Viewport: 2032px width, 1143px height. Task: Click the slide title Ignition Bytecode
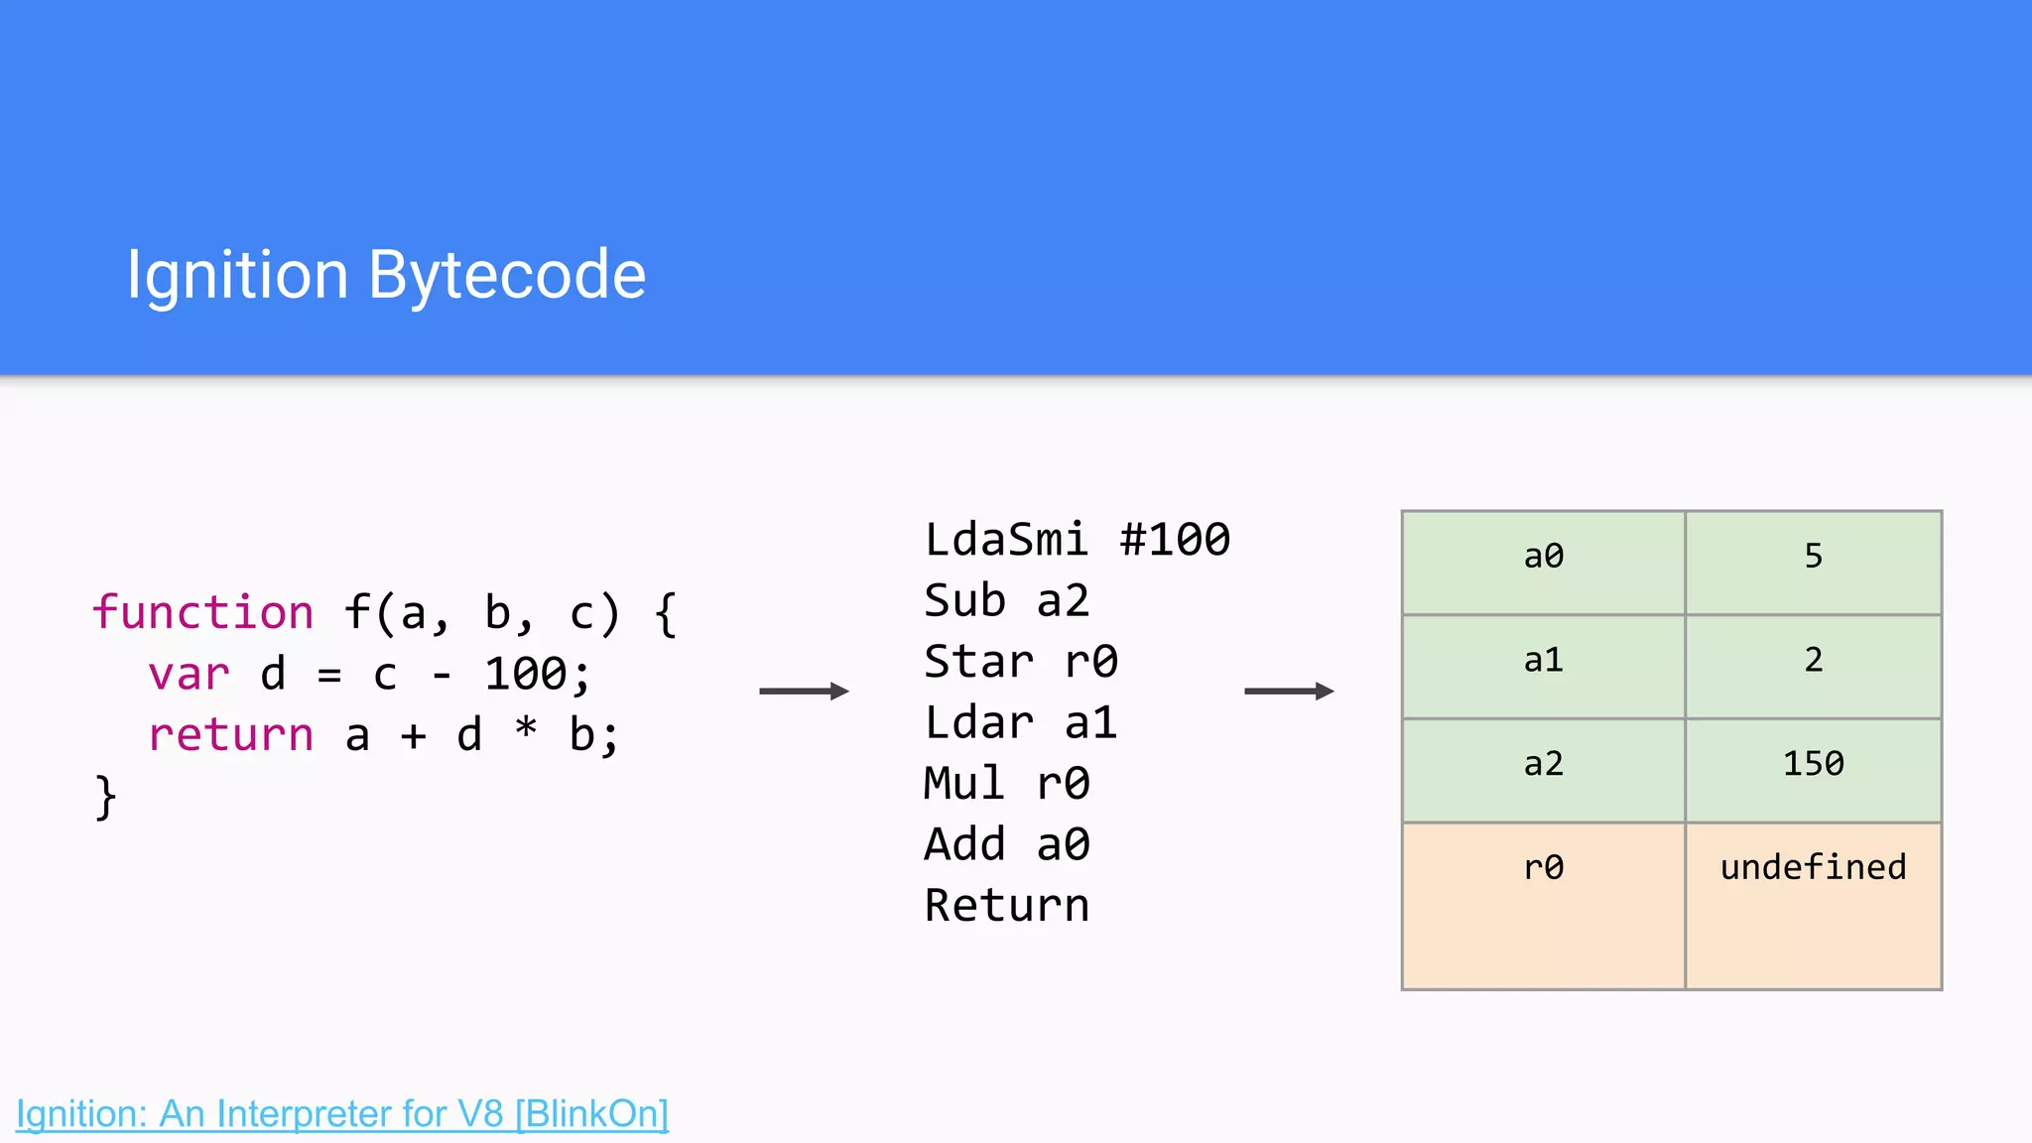click(x=386, y=275)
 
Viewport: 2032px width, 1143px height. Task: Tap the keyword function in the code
click(x=203, y=612)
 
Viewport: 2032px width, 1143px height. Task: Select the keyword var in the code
click(x=189, y=674)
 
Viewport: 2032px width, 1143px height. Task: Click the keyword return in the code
click(x=230, y=735)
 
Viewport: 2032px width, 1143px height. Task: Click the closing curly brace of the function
click(x=105, y=797)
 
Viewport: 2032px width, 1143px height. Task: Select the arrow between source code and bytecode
click(x=804, y=691)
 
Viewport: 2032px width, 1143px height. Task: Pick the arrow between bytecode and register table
click(x=1289, y=691)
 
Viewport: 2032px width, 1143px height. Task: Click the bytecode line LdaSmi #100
click(x=1077, y=540)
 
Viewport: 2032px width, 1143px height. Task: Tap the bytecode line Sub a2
click(x=1006, y=600)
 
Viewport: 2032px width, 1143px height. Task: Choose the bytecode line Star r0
click(x=1021, y=662)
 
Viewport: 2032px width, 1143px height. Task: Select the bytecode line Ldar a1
click(x=1021, y=722)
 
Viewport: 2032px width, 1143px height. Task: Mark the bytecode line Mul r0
click(x=1006, y=784)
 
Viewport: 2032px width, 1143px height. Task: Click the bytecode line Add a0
click(x=1006, y=844)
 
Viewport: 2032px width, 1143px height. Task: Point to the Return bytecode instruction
click(x=1006, y=905)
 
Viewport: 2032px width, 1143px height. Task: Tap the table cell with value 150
click(x=1813, y=764)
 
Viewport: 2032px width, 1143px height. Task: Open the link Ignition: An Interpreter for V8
click(x=342, y=1113)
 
